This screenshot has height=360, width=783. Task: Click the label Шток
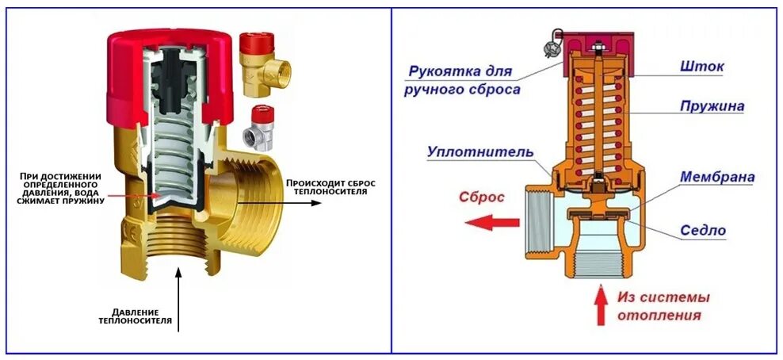click(701, 67)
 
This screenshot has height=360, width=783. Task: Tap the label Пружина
click(711, 105)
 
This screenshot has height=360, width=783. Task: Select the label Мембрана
click(716, 178)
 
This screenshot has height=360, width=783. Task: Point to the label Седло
click(703, 231)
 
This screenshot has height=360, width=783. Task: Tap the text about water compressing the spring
click(59, 188)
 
